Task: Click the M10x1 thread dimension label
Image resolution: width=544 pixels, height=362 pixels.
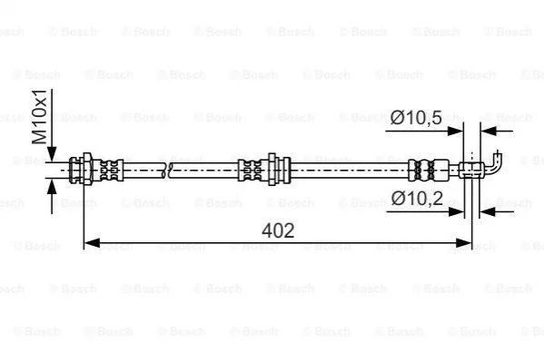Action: click(39, 116)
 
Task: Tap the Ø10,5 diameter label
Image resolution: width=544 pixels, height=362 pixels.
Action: click(416, 118)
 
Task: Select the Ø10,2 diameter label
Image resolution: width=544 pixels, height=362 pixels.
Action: click(417, 199)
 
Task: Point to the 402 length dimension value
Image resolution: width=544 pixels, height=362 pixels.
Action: click(278, 230)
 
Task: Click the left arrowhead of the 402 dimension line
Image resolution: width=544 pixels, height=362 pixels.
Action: click(93, 243)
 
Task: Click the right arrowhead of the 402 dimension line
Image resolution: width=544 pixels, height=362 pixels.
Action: click(464, 243)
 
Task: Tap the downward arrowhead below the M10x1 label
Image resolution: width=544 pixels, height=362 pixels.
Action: click(52, 154)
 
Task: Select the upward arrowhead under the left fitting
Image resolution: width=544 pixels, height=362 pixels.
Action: click(52, 187)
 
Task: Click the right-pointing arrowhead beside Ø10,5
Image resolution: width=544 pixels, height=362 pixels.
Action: click(455, 132)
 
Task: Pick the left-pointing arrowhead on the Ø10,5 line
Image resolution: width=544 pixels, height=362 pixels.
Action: click(489, 132)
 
